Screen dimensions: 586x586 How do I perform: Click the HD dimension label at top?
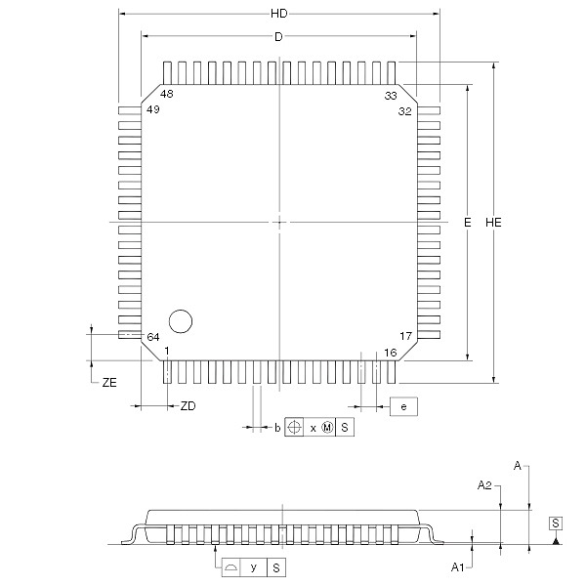point(278,14)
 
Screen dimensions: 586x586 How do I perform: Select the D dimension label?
point(278,36)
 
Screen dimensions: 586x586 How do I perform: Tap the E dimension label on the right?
point(468,223)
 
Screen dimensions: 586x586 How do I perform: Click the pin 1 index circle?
point(181,320)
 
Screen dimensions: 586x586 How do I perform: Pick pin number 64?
point(152,337)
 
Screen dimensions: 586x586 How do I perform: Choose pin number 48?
point(167,95)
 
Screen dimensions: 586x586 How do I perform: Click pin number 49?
point(152,110)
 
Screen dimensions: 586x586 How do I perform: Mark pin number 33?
point(391,96)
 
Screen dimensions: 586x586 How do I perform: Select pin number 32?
point(404,111)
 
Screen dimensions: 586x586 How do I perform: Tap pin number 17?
point(405,336)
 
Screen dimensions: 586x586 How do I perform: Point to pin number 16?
point(390,352)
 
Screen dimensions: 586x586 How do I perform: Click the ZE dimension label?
point(109,384)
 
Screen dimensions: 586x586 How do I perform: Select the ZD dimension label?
point(188,406)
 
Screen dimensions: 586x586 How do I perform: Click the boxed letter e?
point(403,404)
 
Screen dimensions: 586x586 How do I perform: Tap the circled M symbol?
point(327,428)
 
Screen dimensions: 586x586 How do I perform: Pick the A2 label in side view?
point(483,484)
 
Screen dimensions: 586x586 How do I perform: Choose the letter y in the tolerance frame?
point(253,566)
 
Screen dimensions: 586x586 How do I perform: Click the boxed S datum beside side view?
point(555,523)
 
